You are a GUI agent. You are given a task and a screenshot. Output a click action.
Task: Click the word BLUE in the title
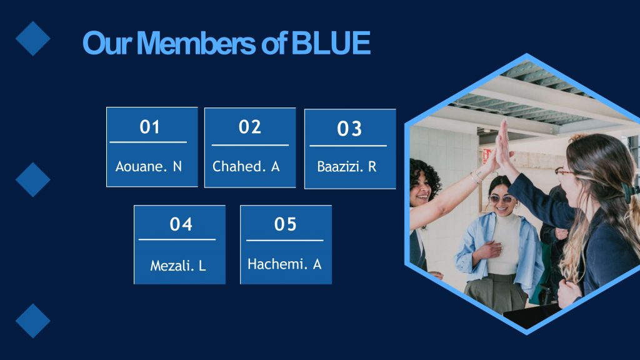331,43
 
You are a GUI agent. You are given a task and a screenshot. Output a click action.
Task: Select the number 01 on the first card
149,127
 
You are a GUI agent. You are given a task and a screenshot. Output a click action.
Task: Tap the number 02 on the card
250,127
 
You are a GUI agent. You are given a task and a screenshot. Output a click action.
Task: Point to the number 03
349,129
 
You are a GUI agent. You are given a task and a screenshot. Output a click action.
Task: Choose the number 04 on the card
181,224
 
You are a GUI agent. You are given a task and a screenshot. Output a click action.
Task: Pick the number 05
285,224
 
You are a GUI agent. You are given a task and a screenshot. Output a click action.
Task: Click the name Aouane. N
149,166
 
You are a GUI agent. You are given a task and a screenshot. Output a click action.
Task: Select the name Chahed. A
246,166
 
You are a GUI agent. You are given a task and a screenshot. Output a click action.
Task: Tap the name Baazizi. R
346,166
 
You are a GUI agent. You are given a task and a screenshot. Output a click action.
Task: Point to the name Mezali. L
178,266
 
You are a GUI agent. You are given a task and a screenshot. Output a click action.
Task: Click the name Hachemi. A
284,264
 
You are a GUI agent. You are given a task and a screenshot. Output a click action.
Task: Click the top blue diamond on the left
33,38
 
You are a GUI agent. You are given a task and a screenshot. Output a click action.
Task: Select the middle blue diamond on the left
33,179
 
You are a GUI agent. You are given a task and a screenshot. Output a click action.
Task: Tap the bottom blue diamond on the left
33,321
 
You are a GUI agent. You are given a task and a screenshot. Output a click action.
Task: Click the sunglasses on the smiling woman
502,199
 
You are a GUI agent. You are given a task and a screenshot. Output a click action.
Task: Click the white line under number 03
348,146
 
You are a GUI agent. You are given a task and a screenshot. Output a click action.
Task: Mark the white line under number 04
177,239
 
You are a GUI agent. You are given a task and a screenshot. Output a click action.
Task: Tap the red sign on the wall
486,156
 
